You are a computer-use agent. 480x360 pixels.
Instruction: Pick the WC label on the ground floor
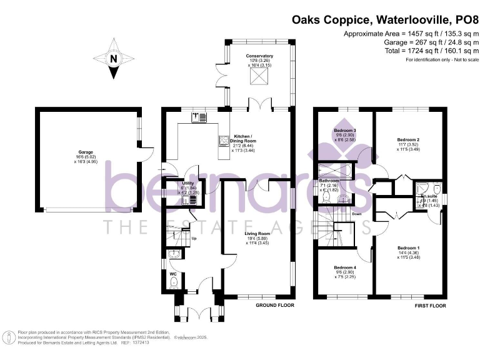point(173,273)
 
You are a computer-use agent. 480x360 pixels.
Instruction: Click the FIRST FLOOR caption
point(430,306)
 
